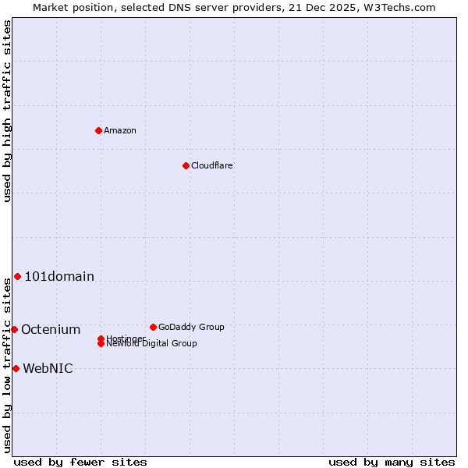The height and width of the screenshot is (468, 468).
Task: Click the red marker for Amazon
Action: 98,130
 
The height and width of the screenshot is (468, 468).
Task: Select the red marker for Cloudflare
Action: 186,165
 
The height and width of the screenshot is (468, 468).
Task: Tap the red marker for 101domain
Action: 17,276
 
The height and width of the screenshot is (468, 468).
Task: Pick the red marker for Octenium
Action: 14,329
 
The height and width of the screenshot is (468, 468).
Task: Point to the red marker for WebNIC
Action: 16,368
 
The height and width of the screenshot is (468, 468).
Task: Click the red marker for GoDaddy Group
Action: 153,327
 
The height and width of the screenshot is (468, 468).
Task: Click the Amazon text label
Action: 120,130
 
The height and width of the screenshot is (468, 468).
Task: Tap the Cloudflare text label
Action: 212,165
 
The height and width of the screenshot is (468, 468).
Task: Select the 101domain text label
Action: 59,276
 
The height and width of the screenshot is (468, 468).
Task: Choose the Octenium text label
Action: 51,329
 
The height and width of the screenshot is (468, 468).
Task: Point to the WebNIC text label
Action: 48,368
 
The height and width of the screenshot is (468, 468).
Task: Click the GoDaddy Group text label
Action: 191,327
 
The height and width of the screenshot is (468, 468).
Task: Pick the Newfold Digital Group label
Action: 152,343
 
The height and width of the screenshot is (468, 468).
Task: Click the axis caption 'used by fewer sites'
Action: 80,462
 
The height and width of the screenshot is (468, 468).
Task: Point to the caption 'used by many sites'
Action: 392,462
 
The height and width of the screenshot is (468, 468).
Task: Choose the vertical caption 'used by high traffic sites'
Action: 7,111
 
